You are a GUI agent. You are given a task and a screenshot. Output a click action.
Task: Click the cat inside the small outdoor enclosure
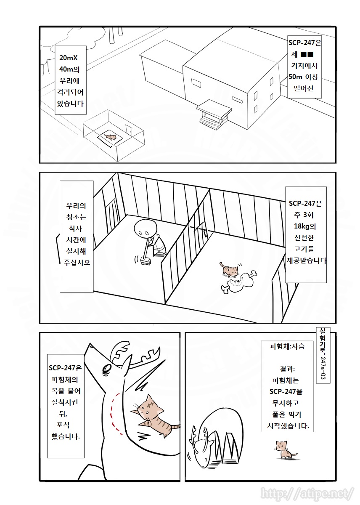coord(111,137)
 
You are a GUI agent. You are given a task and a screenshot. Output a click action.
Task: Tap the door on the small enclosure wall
coord(129,131)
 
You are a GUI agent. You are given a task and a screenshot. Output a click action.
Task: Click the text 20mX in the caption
coord(71,58)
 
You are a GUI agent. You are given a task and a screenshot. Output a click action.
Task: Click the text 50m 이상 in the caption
coord(305,77)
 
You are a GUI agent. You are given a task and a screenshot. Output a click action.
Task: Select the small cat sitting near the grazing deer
coord(284,449)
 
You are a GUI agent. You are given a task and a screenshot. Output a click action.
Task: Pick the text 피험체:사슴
coord(287,347)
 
